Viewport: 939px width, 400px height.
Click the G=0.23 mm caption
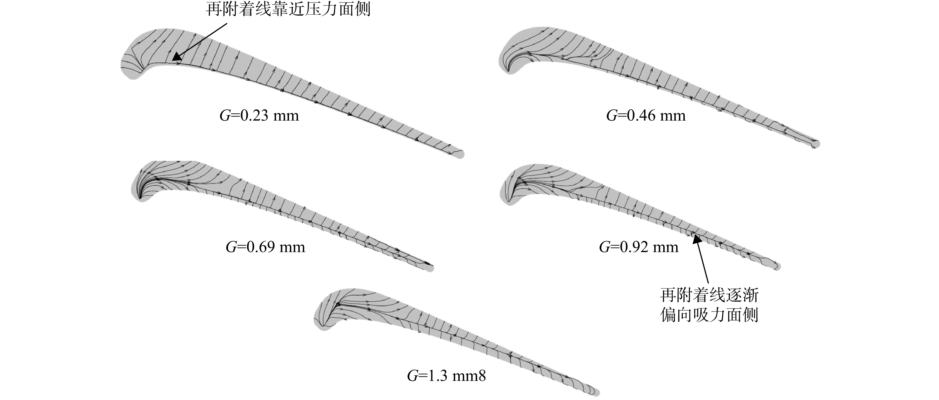[259, 116]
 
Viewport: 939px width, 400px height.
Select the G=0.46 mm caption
[646, 116]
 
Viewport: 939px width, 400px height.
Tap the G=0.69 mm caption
[265, 247]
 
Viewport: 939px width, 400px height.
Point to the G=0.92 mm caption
[639, 247]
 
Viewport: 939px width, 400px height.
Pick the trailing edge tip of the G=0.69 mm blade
[433, 268]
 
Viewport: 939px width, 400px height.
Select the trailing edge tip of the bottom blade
[598, 393]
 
